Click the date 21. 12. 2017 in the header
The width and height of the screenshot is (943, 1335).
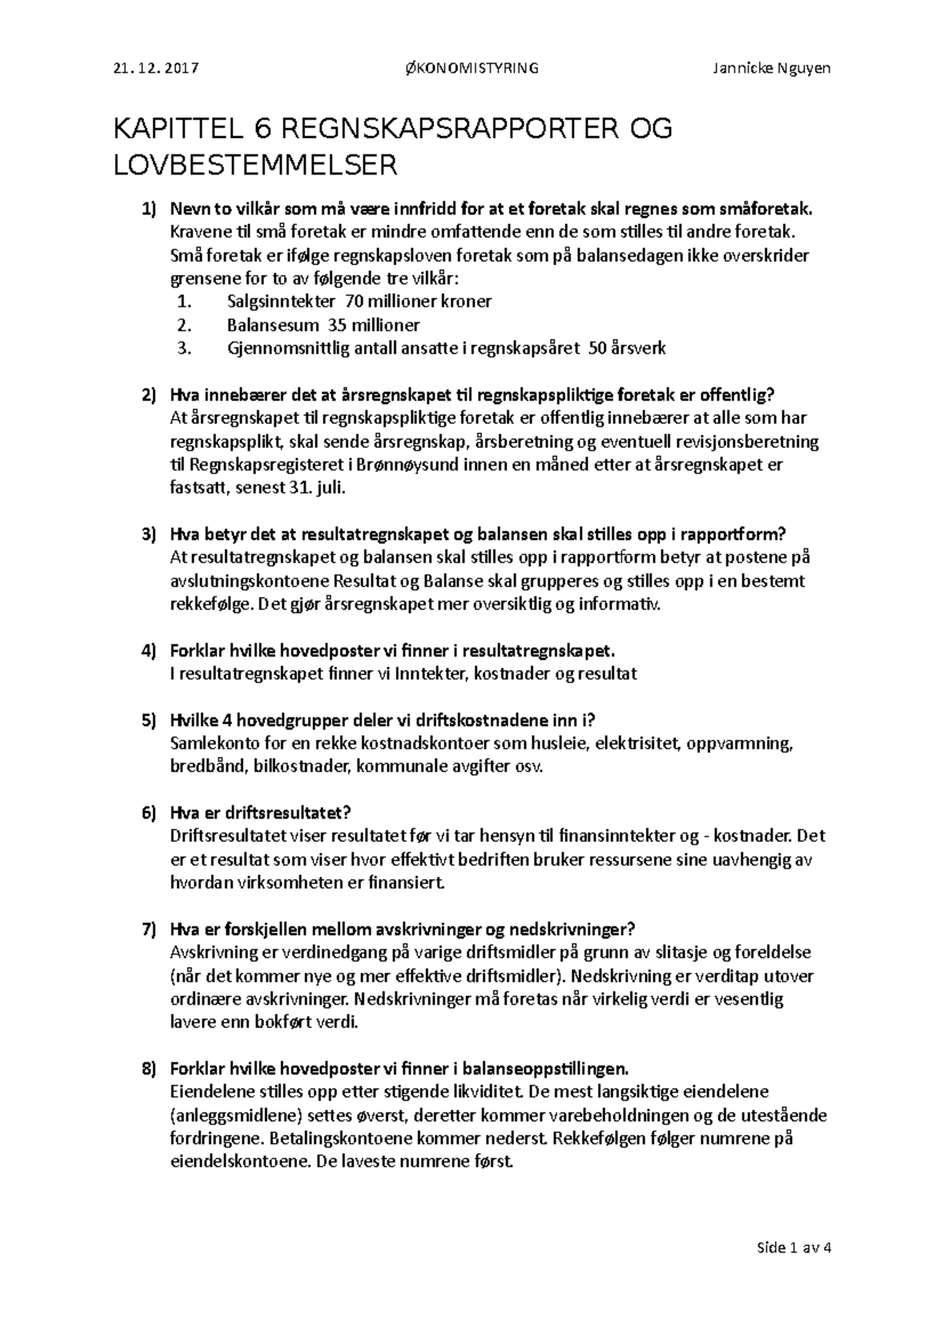coord(156,68)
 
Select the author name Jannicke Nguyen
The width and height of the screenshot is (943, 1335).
coord(771,68)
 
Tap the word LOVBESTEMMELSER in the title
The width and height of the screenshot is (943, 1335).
coord(256,165)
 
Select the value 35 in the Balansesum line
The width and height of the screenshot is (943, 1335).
coord(337,325)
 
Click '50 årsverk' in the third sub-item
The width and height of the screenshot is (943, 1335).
coord(626,348)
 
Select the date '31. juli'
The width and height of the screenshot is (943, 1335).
coord(317,488)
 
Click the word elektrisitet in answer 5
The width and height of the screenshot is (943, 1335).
coord(639,744)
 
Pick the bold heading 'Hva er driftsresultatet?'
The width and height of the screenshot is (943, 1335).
coord(259,813)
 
